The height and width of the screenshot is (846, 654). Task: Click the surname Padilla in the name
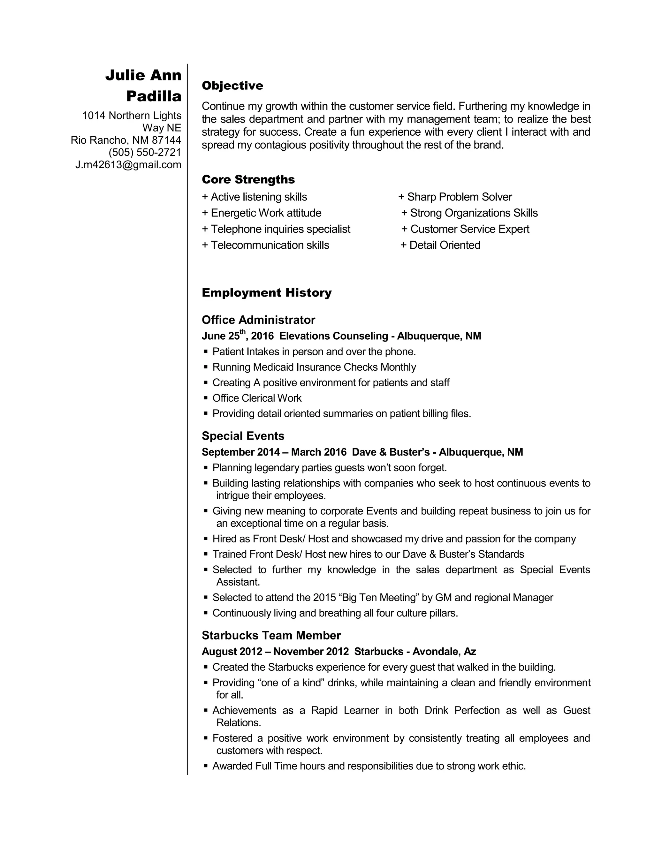154,96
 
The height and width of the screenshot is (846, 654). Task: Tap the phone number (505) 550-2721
145,152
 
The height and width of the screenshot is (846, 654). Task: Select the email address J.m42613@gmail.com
128,165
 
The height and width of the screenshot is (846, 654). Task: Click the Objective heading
232,86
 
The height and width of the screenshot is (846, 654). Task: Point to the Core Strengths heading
248,179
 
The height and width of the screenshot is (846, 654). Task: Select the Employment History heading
267,292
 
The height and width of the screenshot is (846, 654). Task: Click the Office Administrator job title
258,320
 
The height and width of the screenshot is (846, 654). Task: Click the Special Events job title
243,436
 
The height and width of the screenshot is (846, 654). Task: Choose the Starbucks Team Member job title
271,635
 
